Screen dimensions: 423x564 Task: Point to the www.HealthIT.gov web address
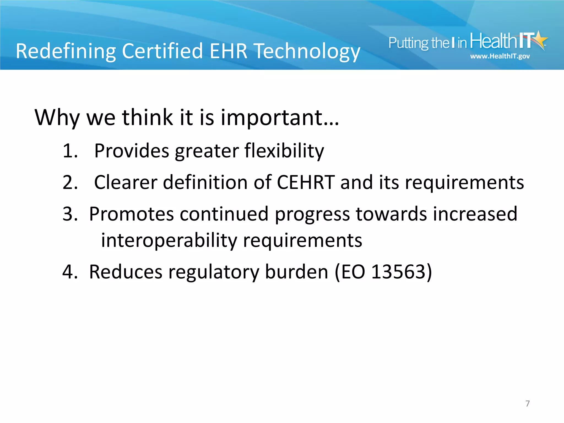[500, 56]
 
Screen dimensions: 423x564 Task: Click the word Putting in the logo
[408, 43]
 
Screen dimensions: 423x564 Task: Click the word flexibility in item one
[284, 151]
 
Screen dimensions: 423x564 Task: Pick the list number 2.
[70, 182]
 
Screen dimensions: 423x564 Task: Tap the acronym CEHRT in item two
[306, 182]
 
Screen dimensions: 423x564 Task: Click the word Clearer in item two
[126, 182]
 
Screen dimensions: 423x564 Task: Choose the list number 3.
[70, 214]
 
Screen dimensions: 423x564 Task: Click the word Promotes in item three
[131, 214]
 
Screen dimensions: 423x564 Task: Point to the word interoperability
[169, 241]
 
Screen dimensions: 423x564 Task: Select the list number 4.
[70, 272]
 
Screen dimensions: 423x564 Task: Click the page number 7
[527, 403]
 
